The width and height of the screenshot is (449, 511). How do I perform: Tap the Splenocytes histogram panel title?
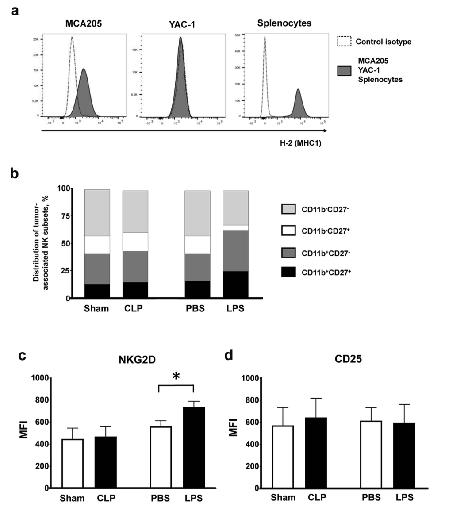pos(284,23)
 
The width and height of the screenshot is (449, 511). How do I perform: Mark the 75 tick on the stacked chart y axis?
pos(65,216)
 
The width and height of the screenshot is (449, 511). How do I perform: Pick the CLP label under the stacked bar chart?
pos(135,308)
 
